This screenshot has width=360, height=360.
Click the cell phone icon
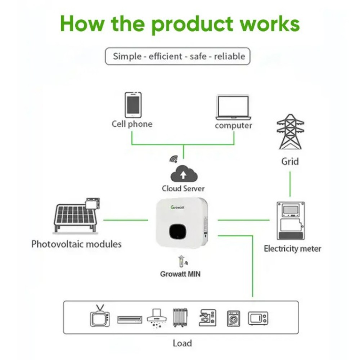[133, 105]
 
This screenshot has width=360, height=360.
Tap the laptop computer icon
[233, 107]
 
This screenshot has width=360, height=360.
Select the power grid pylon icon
[290, 132]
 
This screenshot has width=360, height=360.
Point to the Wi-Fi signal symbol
[174, 159]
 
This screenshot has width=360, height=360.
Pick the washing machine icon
[233, 319]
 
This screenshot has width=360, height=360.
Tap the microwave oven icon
[258, 318]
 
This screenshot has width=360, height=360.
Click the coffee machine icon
[207, 318]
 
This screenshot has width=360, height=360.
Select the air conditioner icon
[130, 319]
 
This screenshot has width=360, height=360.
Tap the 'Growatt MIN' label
[180, 274]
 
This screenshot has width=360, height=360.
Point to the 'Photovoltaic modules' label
[76, 244]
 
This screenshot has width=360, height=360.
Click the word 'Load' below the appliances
[182, 343]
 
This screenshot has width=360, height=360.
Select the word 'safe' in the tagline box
[198, 57]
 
